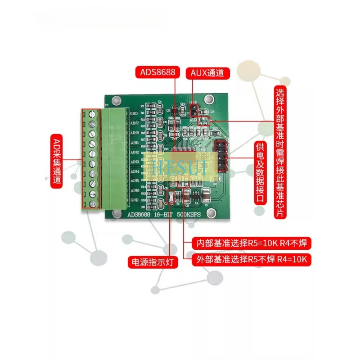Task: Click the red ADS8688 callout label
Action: pyautogui.click(x=158, y=72)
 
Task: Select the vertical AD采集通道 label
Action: pyautogui.click(x=57, y=160)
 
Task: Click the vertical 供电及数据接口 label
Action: pyautogui.click(x=260, y=174)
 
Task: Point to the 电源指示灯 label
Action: pyautogui.click(x=153, y=261)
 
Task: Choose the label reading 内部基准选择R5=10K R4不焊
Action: pyautogui.click(x=252, y=243)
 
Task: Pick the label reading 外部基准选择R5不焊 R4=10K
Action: pyautogui.click(x=252, y=260)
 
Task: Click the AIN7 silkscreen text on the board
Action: pyautogui.click(x=135, y=123)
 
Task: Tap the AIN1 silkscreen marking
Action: pyautogui.click(x=135, y=143)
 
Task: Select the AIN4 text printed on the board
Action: pyautogui.click(x=135, y=172)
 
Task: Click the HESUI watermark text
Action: pyautogui.click(x=180, y=167)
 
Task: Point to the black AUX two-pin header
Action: pyautogui.click(x=193, y=109)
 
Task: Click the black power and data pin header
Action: pyautogui.click(x=220, y=157)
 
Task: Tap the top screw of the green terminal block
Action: pyautogui.click(x=92, y=113)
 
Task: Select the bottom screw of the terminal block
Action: pyautogui.click(x=92, y=204)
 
